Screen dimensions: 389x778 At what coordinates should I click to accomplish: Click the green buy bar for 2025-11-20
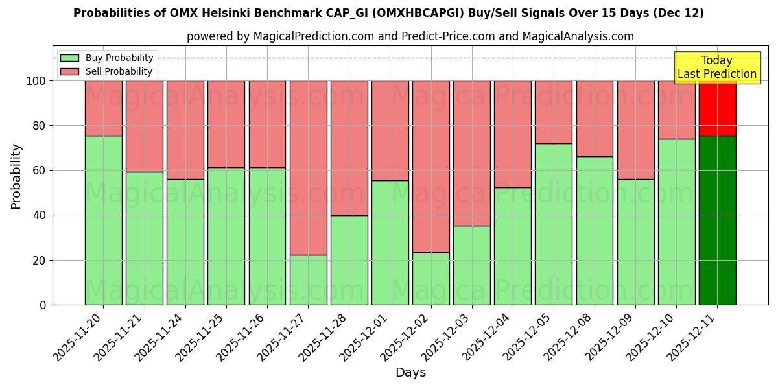click(x=103, y=220)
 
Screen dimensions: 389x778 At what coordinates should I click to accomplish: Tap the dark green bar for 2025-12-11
click(x=717, y=220)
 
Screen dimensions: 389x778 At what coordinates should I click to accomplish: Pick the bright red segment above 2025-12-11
click(x=717, y=108)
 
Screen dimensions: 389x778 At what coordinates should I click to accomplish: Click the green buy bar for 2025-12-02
click(x=431, y=279)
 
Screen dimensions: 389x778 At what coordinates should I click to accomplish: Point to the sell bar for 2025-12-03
click(x=472, y=153)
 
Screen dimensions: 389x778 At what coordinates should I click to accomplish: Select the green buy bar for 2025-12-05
click(x=554, y=224)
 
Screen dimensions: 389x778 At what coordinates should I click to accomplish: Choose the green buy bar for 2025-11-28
click(x=349, y=260)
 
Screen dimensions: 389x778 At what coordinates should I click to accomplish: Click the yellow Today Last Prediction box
click(x=717, y=67)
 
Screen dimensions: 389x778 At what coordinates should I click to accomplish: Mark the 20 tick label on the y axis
click(x=40, y=260)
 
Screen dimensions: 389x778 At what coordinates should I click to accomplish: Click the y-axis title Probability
click(x=17, y=176)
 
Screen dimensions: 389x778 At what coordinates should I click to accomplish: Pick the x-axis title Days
click(x=410, y=373)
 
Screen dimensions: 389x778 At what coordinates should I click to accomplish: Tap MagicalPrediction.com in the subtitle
click(x=313, y=36)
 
